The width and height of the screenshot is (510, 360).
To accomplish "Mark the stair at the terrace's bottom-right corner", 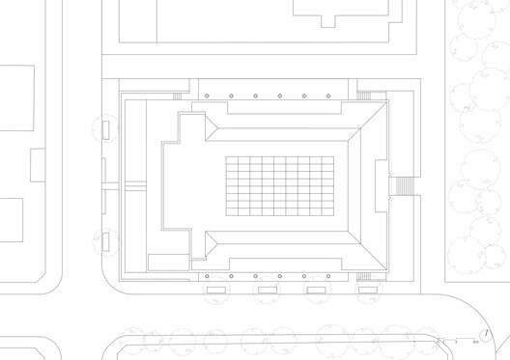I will pos(364,277).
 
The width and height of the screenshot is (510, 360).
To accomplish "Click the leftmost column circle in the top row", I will pos(232,97).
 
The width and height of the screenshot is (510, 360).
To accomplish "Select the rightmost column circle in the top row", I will pos(328,97).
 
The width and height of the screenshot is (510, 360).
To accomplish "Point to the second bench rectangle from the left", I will pos(267,289).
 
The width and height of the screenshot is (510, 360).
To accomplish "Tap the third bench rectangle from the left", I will pos(316,289).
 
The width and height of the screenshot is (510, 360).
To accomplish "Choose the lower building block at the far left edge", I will pos(11,221).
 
